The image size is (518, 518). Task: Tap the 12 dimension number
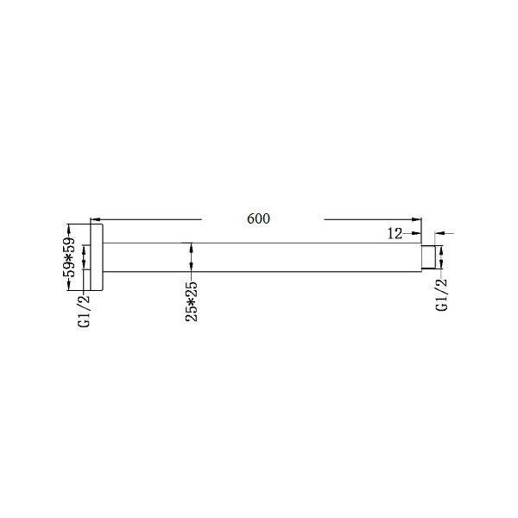click(396, 233)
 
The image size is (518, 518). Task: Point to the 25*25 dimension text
click(192, 300)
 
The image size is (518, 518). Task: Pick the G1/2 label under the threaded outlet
click(442, 295)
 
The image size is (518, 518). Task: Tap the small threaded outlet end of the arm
click(426, 258)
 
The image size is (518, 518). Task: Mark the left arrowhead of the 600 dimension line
click(95, 219)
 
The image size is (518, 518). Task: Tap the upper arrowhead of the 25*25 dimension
click(192, 246)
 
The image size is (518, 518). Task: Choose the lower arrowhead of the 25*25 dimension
click(192, 270)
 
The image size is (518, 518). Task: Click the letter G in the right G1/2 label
click(442, 307)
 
